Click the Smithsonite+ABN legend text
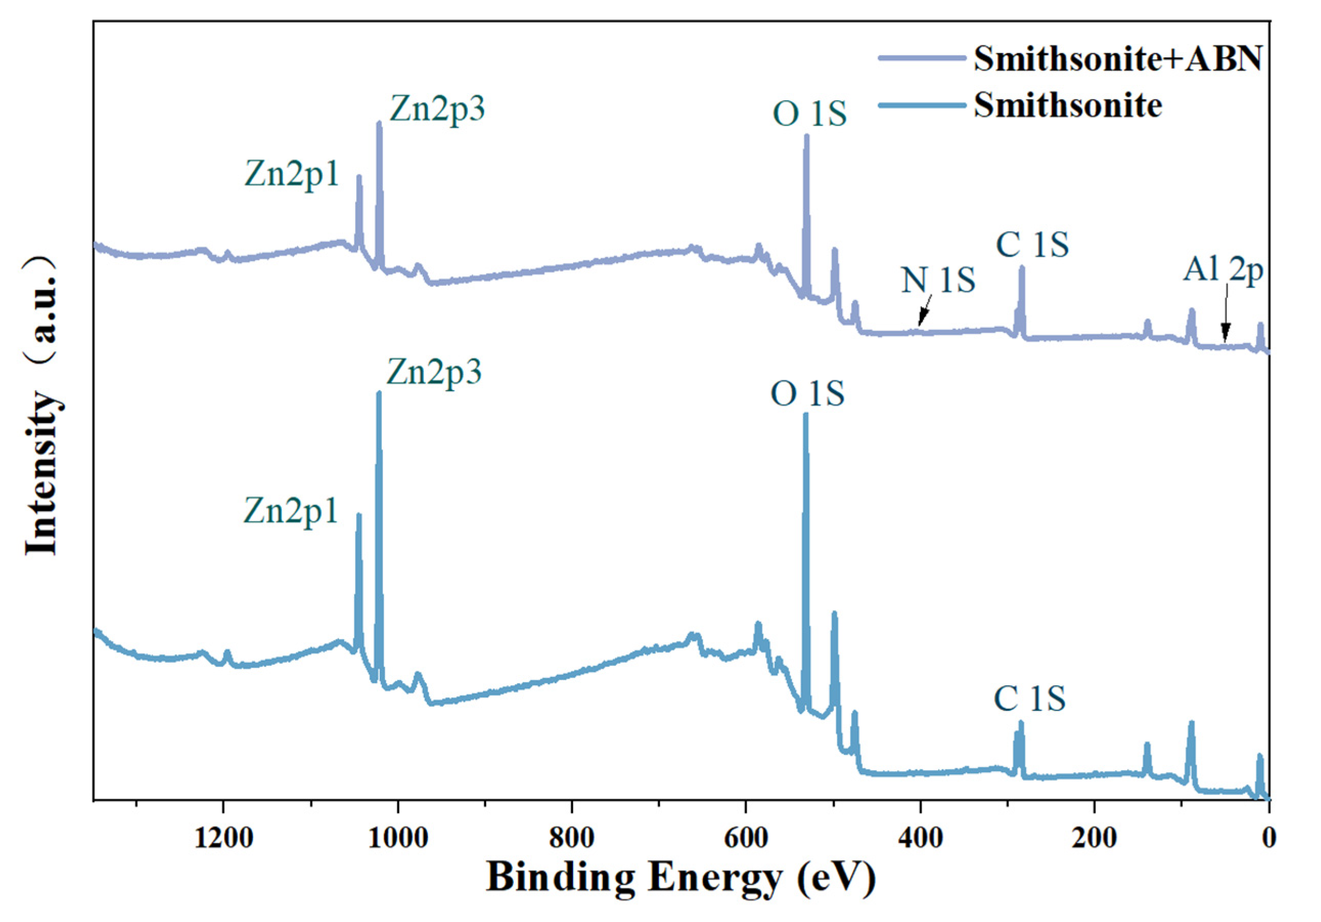[x=1118, y=59]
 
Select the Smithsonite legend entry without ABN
[x=1068, y=106]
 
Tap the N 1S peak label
[x=938, y=280]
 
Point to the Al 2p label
[x=1223, y=269]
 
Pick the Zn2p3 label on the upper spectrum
[x=437, y=108]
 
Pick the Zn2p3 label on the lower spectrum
[x=434, y=372]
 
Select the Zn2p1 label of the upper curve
[x=292, y=173]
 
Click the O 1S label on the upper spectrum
[x=809, y=114]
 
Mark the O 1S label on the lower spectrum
[x=807, y=395]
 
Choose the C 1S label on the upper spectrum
[x=1032, y=244]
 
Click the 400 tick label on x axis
[x=920, y=839]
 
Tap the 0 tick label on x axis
[x=1269, y=839]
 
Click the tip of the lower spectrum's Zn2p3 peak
[x=379, y=394]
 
